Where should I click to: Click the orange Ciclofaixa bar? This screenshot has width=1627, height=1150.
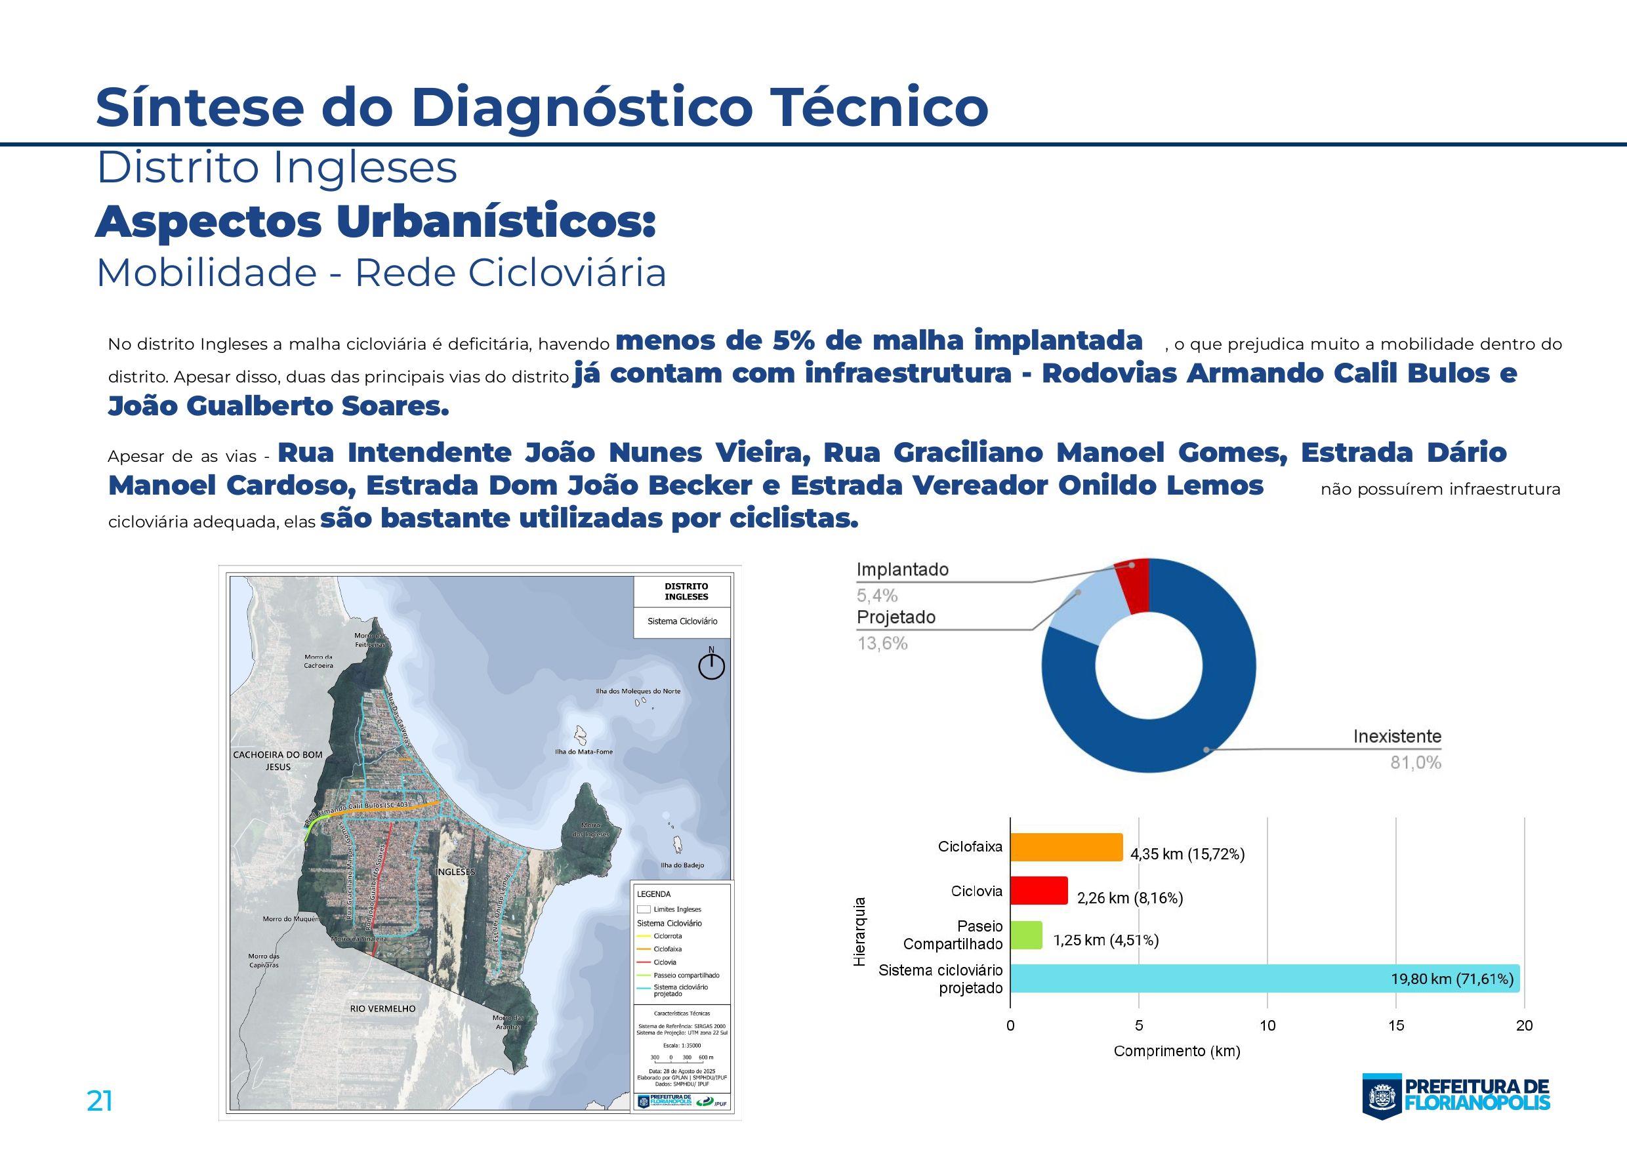click(x=1066, y=848)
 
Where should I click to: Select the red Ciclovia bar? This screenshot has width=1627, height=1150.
click(x=1038, y=891)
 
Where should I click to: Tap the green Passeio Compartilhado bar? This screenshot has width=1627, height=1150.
click(x=1025, y=935)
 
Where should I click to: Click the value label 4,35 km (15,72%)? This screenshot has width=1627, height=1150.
click(x=1187, y=855)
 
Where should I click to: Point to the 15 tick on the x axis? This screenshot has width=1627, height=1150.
click(x=1395, y=1025)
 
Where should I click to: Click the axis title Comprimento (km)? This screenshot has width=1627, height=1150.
click(x=1176, y=1052)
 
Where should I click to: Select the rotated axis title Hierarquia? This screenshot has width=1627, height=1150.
click(x=859, y=932)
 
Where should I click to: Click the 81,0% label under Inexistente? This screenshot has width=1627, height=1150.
click(x=1415, y=763)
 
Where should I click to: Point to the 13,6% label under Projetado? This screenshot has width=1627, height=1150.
click(x=882, y=644)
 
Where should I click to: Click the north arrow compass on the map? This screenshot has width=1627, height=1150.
click(x=711, y=665)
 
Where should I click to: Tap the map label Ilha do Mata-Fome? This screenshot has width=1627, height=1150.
click(x=583, y=752)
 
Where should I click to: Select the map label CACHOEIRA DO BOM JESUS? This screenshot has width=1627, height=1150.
click(x=277, y=760)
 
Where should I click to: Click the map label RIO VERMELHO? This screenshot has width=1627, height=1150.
click(x=382, y=1008)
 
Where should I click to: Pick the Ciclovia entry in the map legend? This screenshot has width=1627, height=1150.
click(x=664, y=962)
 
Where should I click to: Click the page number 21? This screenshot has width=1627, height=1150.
click(x=99, y=1101)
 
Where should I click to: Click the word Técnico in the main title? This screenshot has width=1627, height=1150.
click(x=878, y=108)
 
